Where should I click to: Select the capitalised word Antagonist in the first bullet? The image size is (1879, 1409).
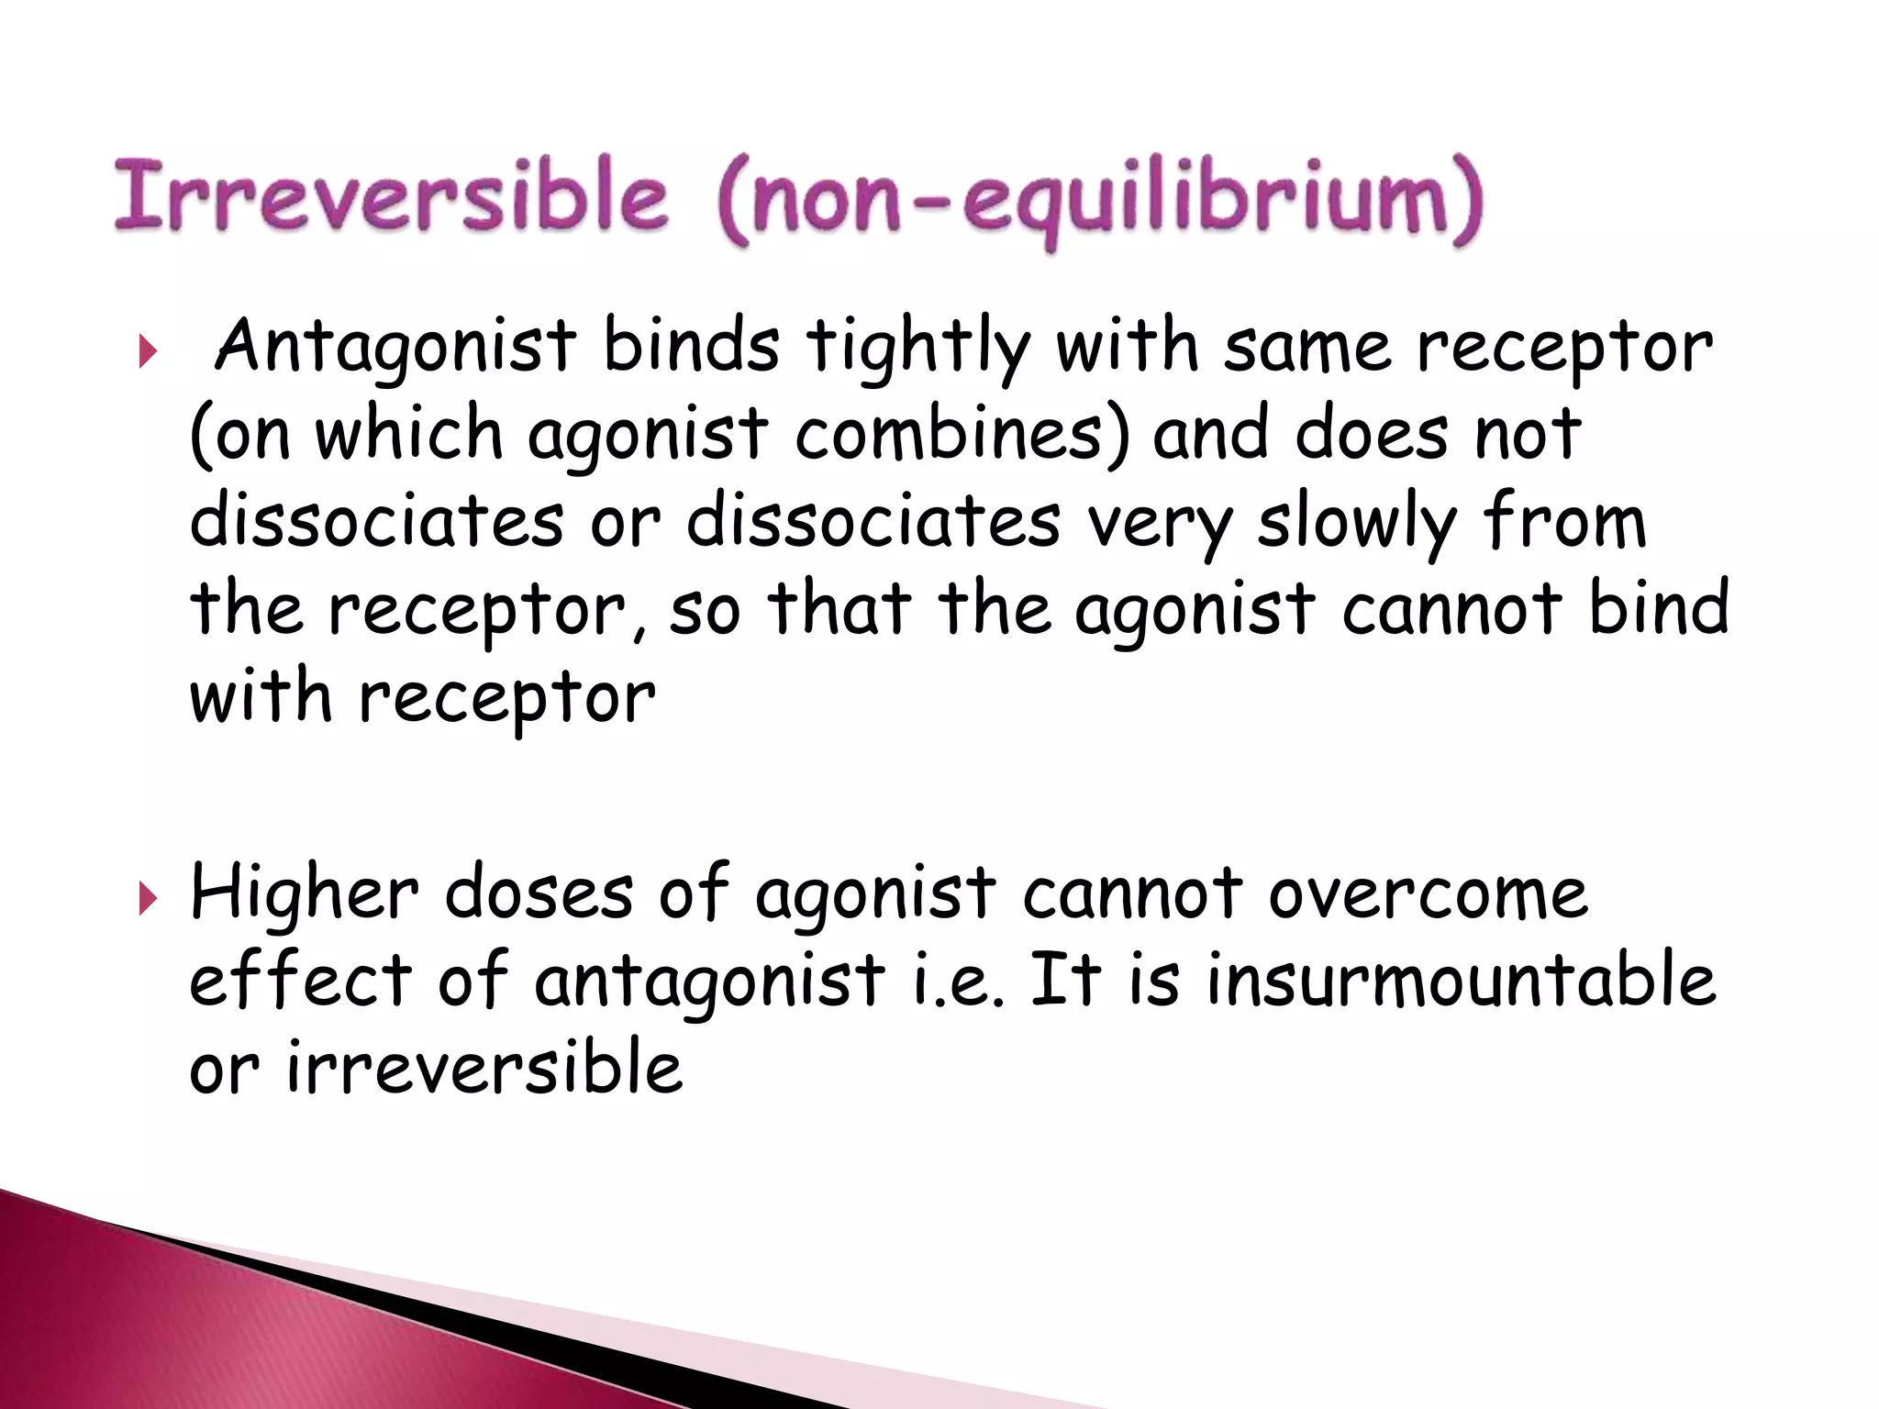click(395, 347)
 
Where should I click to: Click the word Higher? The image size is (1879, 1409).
click(304, 893)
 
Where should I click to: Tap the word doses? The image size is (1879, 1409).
click(539, 892)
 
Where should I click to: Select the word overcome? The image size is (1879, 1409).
click(1428, 893)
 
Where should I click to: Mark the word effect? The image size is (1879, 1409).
click(301, 980)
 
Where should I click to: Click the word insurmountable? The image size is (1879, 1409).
click(1461, 980)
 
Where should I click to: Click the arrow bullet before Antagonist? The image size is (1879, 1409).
click(148, 350)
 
